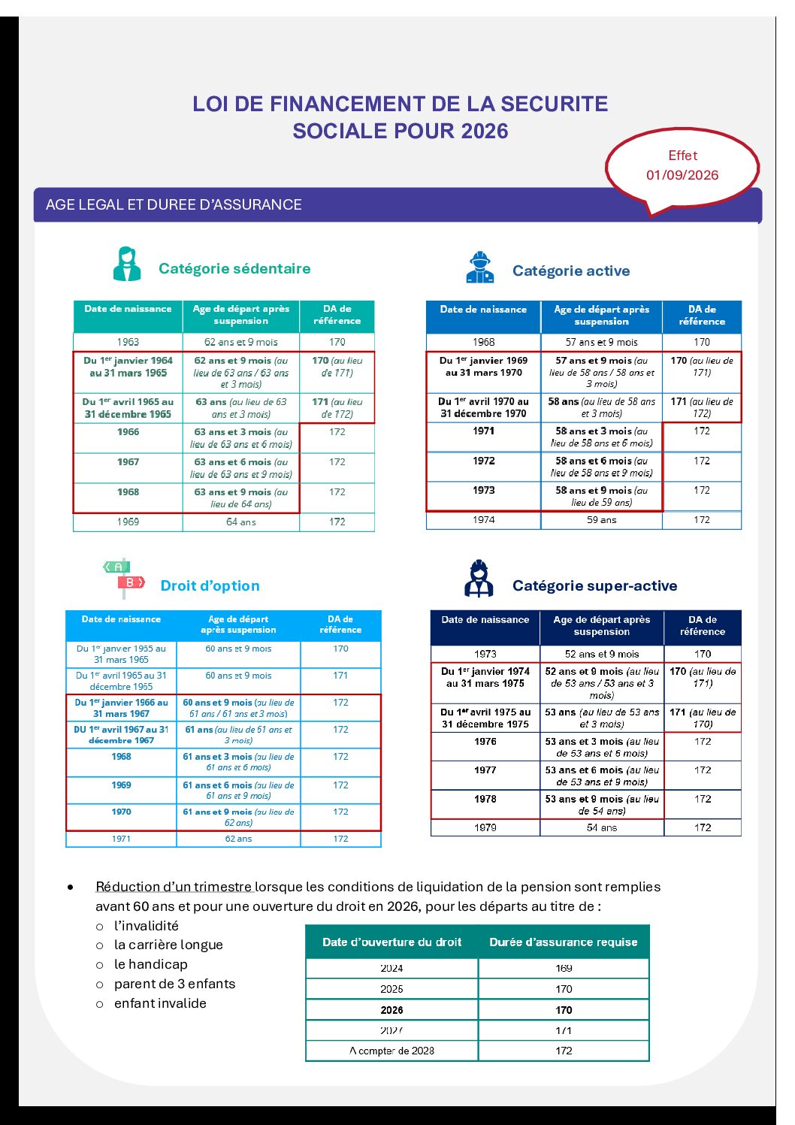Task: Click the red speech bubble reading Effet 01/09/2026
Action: click(x=682, y=166)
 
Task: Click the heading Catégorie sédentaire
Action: click(x=234, y=268)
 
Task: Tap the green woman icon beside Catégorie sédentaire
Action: click(x=127, y=265)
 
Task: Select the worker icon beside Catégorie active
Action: click(x=479, y=268)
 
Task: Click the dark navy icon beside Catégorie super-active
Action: click(x=479, y=579)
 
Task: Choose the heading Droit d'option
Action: click(x=210, y=585)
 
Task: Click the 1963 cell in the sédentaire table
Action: click(x=128, y=342)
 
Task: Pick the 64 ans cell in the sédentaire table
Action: click(x=241, y=522)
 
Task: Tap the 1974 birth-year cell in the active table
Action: click(x=484, y=519)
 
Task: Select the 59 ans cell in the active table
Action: click(x=601, y=519)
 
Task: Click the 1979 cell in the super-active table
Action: click(x=485, y=827)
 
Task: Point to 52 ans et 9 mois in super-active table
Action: click(x=602, y=654)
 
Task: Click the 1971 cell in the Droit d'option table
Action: click(x=121, y=839)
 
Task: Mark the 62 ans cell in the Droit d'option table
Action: click(x=238, y=839)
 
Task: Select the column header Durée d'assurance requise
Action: click(x=564, y=942)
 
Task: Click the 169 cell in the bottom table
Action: click(x=564, y=968)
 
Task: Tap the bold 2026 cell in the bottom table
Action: click(x=391, y=1010)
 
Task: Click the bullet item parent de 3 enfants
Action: click(x=174, y=984)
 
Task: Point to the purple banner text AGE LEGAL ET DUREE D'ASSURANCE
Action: click(x=174, y=204)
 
